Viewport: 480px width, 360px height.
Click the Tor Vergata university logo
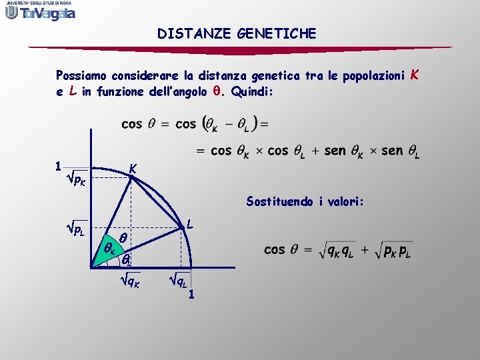[40, 11]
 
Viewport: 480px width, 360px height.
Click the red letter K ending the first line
[415, 75]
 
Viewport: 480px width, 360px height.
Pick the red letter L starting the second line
[71, 91]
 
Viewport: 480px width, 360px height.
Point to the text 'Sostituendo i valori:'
[305, 201]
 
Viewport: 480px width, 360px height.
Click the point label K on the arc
[133, 170]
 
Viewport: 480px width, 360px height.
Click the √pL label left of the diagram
[73, 231]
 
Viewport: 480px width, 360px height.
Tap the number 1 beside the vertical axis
[59, 165]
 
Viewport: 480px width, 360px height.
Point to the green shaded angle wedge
[109, 251]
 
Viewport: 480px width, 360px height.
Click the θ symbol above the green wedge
[123, 237]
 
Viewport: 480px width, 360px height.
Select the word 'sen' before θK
[337, 151]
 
